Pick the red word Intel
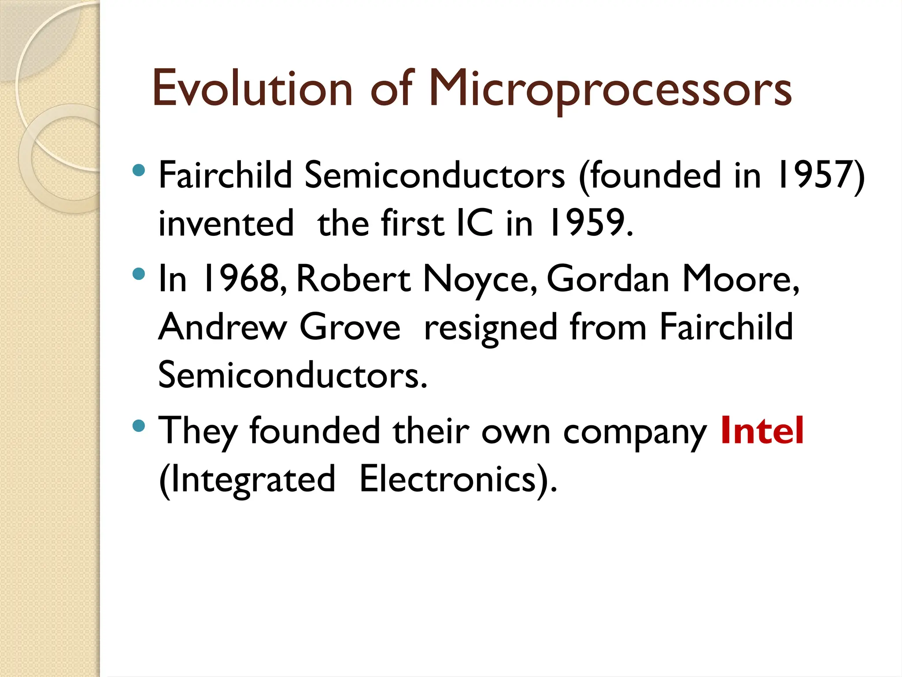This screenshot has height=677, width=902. [762, 431]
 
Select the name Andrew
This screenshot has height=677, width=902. [222, 327]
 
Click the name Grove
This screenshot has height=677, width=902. [350, 327]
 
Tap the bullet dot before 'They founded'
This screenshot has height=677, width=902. [139, 426]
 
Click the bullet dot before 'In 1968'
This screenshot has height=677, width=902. [139, 274]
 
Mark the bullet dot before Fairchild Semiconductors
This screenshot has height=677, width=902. [139, 170]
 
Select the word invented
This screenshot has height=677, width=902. [226, 223]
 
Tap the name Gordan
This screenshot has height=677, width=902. [608, 279]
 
